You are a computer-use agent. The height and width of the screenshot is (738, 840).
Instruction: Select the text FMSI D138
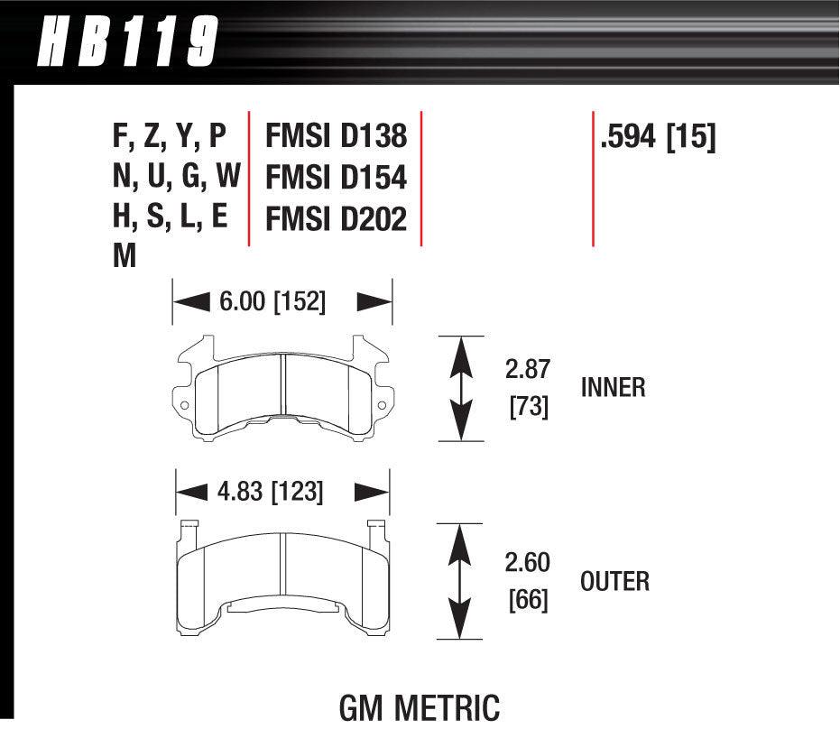[336, 136]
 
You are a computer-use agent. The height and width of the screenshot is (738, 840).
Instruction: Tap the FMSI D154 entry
[336, 178]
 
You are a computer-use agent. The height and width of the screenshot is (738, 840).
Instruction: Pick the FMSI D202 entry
[336, 219]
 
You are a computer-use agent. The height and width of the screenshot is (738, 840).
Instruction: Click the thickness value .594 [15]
[657, 137]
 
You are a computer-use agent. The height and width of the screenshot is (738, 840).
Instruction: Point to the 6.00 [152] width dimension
[272, 301]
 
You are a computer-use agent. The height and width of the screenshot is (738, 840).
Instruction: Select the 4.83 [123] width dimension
[270, 492]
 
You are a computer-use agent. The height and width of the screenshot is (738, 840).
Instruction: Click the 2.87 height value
[528, 369]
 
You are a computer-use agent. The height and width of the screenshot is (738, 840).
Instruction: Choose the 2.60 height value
[528, 562]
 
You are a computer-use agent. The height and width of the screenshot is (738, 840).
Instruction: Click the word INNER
[614, 388]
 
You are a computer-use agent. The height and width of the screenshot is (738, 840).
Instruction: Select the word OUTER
[614, 581]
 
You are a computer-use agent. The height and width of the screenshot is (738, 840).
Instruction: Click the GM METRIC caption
[419, 706]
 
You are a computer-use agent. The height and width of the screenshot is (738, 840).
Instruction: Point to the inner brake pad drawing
[282, 392]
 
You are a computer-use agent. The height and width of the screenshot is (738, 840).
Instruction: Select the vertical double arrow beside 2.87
[461, 389]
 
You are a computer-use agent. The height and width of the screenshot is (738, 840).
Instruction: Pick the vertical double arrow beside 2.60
[461, 582]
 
